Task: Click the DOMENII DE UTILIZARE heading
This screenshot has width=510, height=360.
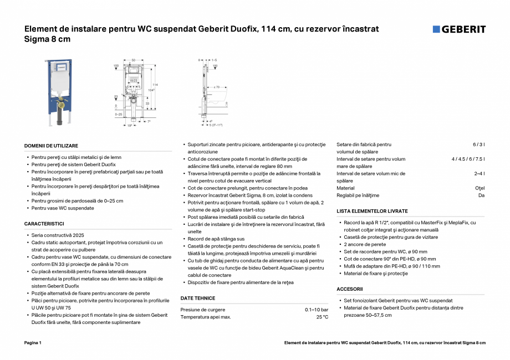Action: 51,145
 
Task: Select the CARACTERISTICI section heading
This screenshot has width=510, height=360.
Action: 44,224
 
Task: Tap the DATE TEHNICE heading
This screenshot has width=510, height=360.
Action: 198,298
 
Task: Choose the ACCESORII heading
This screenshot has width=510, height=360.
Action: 350,289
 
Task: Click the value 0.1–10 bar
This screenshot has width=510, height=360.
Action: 317,310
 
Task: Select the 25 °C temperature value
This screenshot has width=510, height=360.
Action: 322,317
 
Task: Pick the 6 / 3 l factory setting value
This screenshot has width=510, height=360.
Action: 478,145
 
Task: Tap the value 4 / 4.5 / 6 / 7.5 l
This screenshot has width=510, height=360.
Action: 468,159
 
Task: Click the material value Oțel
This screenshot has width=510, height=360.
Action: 480,188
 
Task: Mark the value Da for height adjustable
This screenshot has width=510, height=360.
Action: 481,196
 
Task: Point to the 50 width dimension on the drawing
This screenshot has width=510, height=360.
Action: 134,59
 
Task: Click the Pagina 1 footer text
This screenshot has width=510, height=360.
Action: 33,343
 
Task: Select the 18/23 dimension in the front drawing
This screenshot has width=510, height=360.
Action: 134,81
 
